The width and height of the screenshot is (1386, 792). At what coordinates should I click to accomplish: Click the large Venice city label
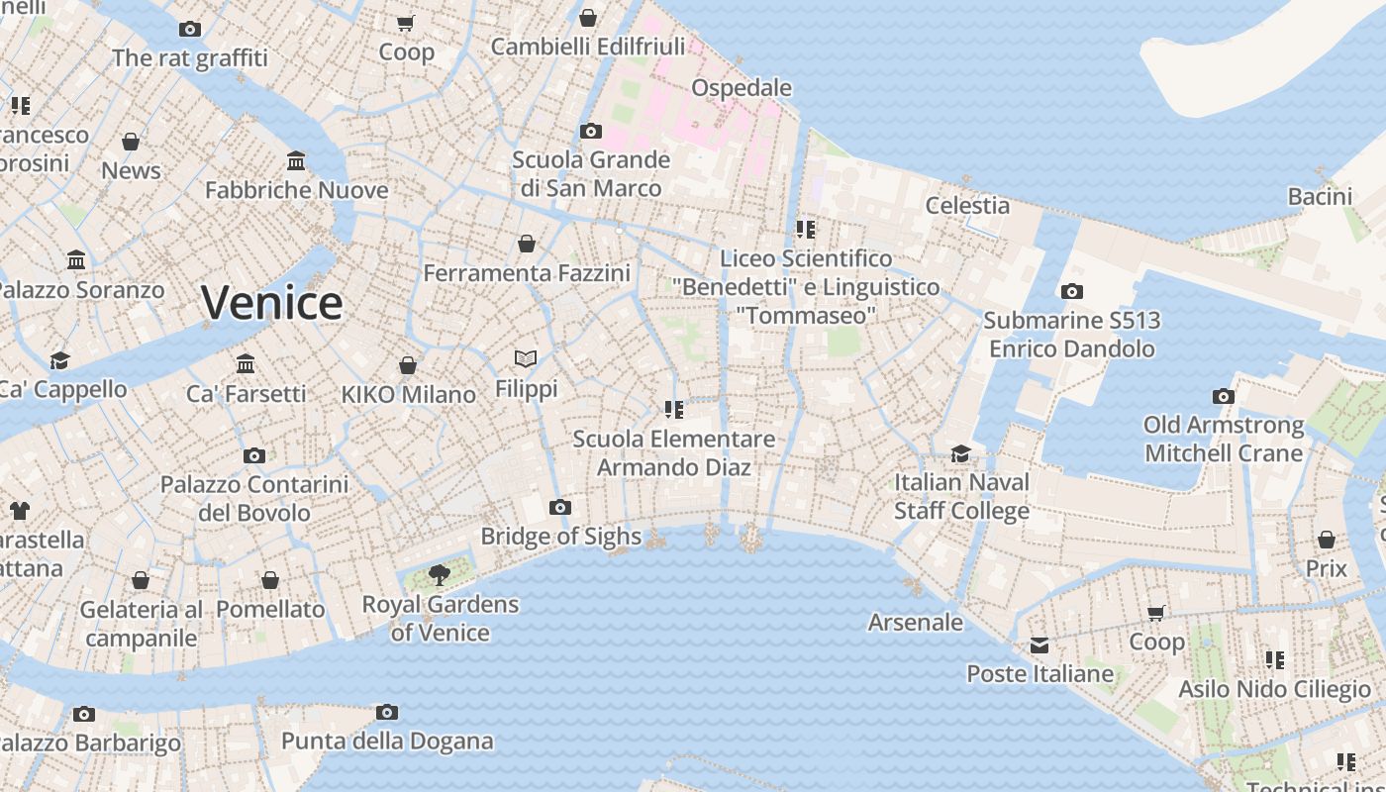click(272, 302)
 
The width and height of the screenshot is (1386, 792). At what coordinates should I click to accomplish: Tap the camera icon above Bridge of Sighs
click(560, 507)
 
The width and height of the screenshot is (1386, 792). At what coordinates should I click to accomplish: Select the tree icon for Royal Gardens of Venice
click(439, 574)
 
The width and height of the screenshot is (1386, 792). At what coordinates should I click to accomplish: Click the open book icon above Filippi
click(526, 358)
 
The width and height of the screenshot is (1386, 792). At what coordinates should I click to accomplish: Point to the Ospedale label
click(742, 87)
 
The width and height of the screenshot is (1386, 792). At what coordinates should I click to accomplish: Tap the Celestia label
click(967, 205)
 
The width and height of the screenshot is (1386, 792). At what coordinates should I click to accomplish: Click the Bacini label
click(1320, 196)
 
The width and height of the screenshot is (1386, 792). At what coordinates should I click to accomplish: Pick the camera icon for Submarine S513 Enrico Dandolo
click(1071, 291)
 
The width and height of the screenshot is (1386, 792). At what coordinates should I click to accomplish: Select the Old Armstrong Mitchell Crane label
click(1224, 439)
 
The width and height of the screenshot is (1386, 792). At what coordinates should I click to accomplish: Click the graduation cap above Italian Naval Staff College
click(960, 453)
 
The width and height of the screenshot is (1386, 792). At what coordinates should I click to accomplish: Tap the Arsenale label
click(915, 622)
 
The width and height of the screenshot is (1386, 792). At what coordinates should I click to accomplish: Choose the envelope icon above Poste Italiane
click(1039, 645)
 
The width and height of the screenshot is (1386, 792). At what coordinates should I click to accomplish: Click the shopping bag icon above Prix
click(1326, 540)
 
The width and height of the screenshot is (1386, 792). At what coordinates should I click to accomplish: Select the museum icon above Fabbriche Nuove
click(296, 160)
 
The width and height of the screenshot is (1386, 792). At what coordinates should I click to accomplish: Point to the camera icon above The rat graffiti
click(190, 30)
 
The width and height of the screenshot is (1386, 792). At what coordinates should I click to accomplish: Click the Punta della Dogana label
click(387, 741)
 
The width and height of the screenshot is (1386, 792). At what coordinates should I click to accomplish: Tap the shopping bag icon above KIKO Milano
click(407, 365)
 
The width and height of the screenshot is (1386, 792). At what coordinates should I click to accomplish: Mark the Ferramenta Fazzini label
click(527, 272)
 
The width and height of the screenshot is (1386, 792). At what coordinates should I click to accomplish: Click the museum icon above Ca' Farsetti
click(246, 364)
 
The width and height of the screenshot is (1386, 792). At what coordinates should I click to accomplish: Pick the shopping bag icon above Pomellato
click(270, 580)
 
